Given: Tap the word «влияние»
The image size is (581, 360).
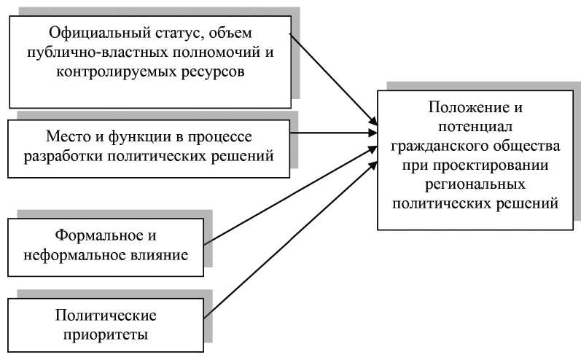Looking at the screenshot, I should click(159, 256).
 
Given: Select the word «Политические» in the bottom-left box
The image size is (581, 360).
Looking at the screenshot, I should click(106, 316).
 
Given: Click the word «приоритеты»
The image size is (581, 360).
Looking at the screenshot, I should click(106, 335).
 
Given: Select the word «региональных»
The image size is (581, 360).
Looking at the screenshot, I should click(475, 184).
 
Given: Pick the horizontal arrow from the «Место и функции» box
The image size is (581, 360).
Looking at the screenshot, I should click(335, 133).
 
